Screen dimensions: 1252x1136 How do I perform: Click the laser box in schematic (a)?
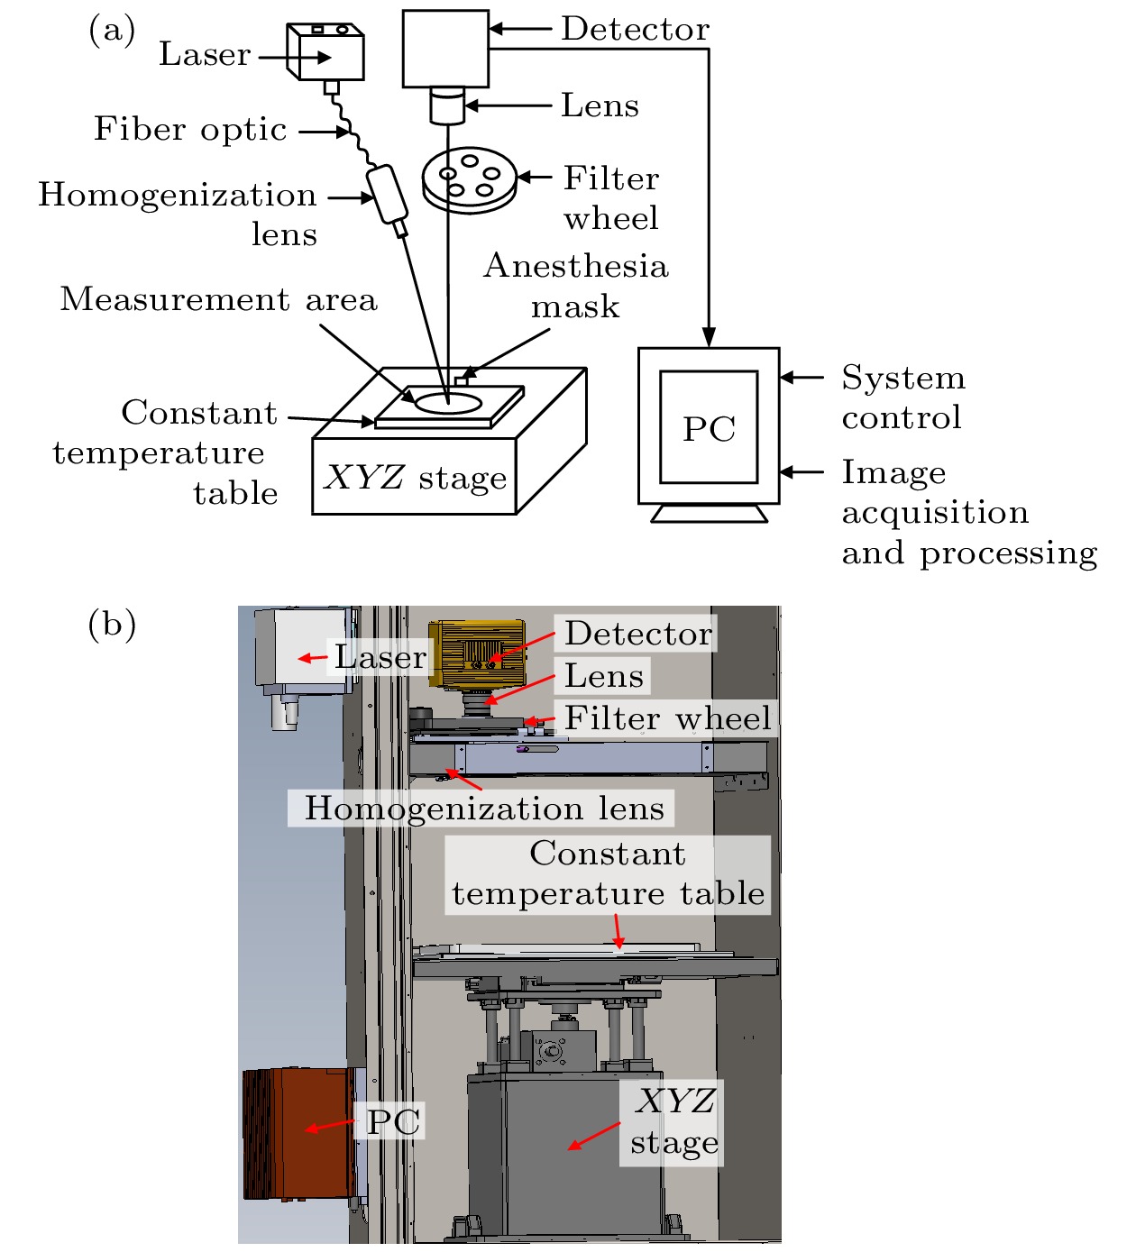point(325,54)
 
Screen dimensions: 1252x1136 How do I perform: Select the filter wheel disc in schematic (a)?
point(470,179)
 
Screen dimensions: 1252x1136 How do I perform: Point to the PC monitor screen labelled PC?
point(709,427)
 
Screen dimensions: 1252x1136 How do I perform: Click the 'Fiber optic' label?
point(190,130)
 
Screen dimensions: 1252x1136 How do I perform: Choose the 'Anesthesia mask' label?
point(576,286)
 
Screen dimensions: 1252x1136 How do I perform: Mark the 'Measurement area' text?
point(218,299)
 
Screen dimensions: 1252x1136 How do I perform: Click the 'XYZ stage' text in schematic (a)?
point(416,478)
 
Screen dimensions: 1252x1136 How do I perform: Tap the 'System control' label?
point(903,398)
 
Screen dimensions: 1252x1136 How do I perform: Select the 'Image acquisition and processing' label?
point(969,512)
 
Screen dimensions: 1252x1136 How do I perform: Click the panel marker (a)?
point(112,31)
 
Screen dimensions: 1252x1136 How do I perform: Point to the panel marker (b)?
point(112,624)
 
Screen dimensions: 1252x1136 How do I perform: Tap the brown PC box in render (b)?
point(297,1133)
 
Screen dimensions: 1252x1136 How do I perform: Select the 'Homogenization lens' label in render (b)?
point(484,809)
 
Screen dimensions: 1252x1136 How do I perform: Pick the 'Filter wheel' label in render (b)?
point(667,718)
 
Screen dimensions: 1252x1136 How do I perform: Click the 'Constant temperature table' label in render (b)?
point(609,873)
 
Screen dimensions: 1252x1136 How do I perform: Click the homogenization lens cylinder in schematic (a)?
point(388,194)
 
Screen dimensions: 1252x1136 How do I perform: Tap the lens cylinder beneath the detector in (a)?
point(446,105)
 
